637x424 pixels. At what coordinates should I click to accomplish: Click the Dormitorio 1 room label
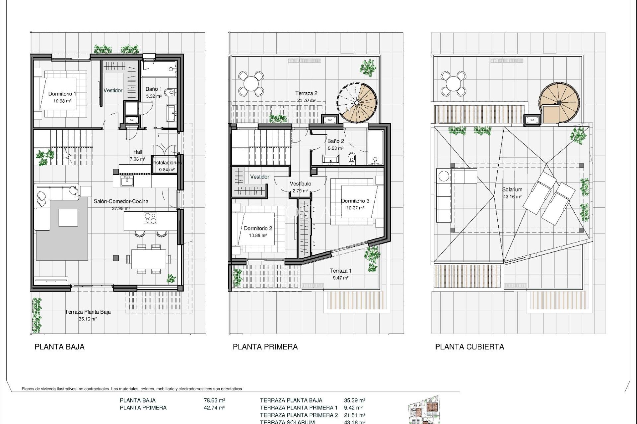click(62, 94)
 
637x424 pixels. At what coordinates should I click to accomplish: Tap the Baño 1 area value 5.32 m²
click(154, 96)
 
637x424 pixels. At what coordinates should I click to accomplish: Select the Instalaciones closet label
click(167, 163)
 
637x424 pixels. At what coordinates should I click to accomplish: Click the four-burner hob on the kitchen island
click(151, 218)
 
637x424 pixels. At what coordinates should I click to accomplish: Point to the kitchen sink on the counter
click(127, 181)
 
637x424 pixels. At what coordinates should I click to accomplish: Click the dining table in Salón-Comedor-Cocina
click(149, 259)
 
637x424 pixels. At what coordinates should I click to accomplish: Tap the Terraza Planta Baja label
click(88, 312)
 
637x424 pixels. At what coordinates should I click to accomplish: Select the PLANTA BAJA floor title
click(60, 347)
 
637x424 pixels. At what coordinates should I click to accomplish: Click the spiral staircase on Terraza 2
click(357, 102)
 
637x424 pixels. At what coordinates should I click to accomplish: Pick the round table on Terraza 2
click(251, 83)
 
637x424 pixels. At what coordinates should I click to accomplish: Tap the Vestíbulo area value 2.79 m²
click(300, 191)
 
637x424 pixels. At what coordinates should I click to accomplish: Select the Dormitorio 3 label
click(355, 201)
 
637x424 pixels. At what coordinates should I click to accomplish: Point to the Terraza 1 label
click(340, 271)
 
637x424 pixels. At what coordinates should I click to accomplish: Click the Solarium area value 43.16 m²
click(512, 196)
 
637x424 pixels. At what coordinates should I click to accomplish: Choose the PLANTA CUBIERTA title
click(469, 347)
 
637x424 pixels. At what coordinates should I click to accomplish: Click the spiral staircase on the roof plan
click(559, 103)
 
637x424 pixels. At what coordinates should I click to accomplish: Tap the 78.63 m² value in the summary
click(214, 400)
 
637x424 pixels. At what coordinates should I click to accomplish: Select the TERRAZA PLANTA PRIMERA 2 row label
click(299, 415)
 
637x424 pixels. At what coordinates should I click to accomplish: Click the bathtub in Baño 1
click(159, 69)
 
